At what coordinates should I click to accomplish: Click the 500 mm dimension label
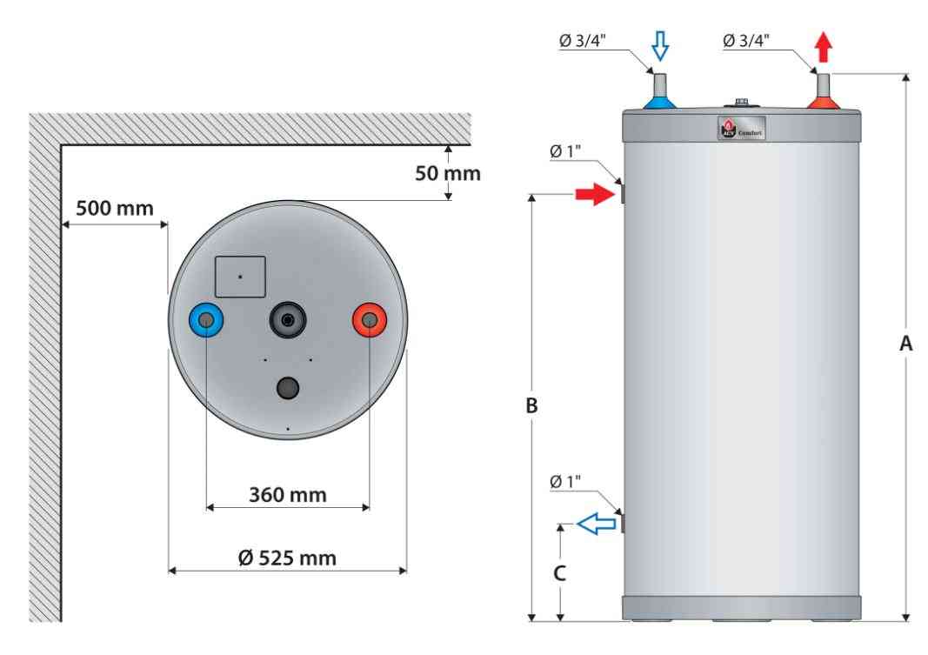coord(114,209)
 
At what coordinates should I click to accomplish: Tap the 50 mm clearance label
coord(447,174)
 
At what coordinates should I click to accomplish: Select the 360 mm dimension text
coord(287,495)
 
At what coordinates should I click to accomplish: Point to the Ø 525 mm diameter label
coord(288,557)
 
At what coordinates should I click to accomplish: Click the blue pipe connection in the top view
coord(206,321)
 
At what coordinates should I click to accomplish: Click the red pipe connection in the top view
coord(369,321)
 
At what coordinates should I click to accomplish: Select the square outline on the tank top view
coord(240,276)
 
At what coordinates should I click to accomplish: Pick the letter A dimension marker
coord(905,344)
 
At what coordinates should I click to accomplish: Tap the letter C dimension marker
coord(561,573)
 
